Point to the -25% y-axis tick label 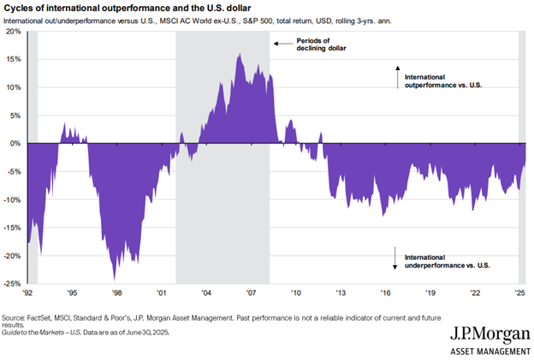[x=13, y=283]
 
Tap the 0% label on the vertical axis [x=16, y=143]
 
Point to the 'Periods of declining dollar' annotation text [x=313, y=46]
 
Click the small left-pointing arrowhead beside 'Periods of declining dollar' [x=276, y=42]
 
